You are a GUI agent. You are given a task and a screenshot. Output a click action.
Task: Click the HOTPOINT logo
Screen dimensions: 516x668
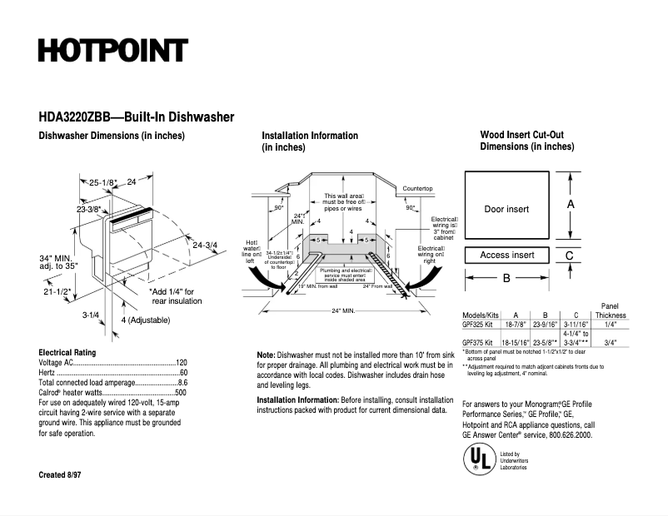tap(112, 51)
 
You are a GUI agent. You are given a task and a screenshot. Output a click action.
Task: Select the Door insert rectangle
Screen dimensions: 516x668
tap(506, 208)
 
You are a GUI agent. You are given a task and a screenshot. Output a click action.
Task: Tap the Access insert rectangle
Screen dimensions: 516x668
tap(506, 255)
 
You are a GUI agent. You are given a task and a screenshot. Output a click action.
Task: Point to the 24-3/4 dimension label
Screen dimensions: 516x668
tap(204, 245)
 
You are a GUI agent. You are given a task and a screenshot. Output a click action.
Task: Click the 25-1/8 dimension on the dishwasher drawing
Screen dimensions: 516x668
tap(104, 182)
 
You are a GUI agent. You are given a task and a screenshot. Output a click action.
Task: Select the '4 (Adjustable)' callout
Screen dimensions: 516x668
tap(145, 320)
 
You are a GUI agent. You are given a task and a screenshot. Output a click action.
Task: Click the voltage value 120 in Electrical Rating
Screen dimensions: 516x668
tap(181, 364)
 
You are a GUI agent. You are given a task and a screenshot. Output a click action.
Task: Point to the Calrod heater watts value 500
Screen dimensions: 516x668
tap(181, 392)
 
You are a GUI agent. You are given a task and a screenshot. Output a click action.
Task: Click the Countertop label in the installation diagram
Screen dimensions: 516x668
tap(417, 189)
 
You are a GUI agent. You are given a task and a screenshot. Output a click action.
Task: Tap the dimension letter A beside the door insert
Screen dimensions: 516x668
tap(571, 204)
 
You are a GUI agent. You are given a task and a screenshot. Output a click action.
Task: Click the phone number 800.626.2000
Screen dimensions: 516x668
tap(565, 434)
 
